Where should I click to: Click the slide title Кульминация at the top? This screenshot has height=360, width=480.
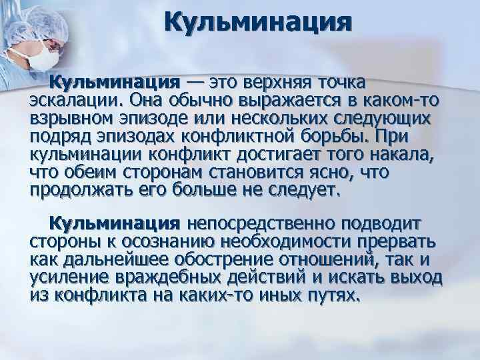point(257,24)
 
